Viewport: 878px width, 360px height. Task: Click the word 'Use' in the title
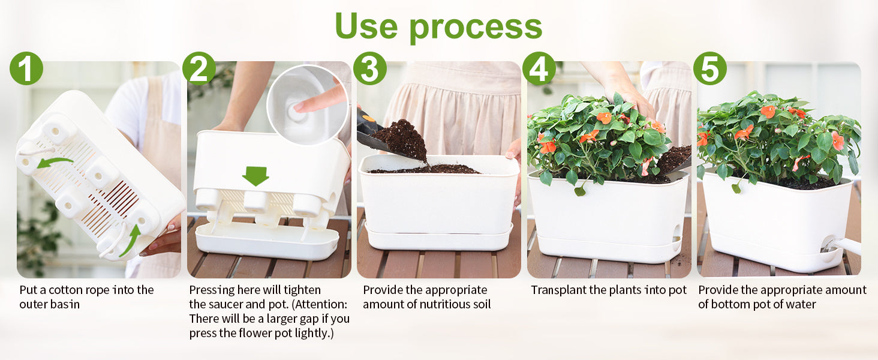(x=366, y=26)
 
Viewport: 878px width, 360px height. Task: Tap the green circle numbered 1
(x=26, y=68)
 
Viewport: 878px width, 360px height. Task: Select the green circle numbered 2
(x=199, y=68)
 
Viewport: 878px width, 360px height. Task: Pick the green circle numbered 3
(x=369, y=68)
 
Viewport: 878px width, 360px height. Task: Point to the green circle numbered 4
(x=539, y=68)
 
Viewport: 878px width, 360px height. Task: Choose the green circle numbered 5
(x=710, y=68)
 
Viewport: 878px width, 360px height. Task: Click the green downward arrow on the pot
(x=255, y=176)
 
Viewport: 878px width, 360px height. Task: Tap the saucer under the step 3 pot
(x=439, y=238)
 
